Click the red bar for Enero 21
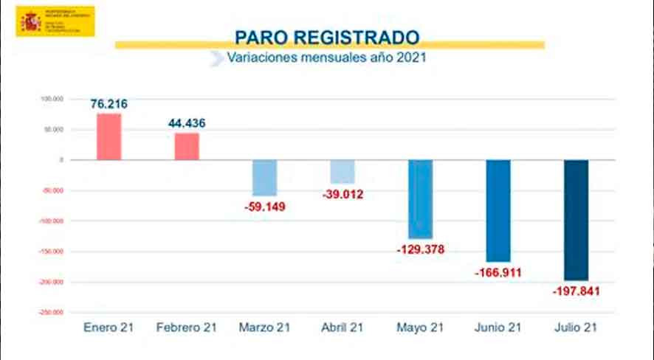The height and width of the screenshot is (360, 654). (109, 136)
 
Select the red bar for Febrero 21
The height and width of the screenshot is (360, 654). (187, 146)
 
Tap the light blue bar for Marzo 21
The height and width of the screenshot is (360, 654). (264, 178)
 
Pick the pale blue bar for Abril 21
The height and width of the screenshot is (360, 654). (343, 172)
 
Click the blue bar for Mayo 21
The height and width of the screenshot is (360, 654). (421, 199)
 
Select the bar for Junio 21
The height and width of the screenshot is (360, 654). (498, 210)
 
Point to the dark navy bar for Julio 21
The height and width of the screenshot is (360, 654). (576, 220)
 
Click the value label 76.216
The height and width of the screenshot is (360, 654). (109, 104)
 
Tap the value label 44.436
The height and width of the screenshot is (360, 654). (187, 122)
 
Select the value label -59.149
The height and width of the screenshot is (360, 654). (264, 207)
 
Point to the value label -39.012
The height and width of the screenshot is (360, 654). (343, 195)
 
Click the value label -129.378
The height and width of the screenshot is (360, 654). (421, 250)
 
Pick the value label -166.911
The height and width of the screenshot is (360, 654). (498, 273)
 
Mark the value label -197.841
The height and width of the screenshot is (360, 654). (576, 291)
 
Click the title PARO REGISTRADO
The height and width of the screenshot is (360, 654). (327, 37)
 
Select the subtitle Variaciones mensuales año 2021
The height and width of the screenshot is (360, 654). (327, 58)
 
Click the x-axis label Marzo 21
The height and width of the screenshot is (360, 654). (264, 327)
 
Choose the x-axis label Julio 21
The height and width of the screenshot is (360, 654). (576, 327)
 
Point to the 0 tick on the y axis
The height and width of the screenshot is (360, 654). (63, 160)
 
